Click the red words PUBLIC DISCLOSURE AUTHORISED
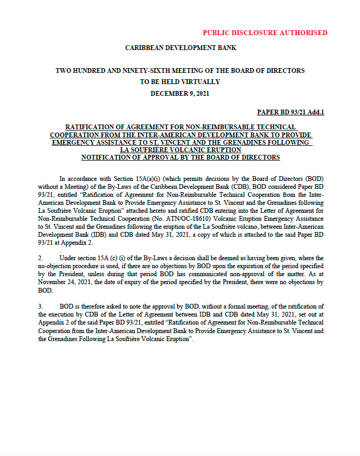pos(265,32)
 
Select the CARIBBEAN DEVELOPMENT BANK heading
pos(180,48)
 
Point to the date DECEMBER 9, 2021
pos(180,93)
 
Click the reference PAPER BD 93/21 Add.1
pos(290,112)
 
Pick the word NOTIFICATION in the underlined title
pos(107,157)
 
